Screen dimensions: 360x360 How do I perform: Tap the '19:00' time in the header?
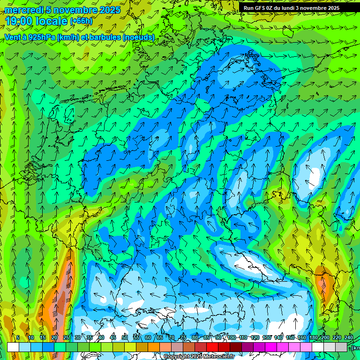tap(19, 21)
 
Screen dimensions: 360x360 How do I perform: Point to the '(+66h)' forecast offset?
tap(81, 21)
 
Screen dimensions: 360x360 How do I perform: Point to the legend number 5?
tap(18, 337)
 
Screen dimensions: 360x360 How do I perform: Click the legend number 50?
tap(125, 337)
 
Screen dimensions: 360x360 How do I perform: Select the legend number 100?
tap(232, 337)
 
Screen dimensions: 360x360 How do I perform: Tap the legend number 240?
tap(348, 337)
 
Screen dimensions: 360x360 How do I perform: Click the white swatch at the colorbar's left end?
tap(13, 347)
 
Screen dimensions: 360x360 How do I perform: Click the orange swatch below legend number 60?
tap(154, 347)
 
